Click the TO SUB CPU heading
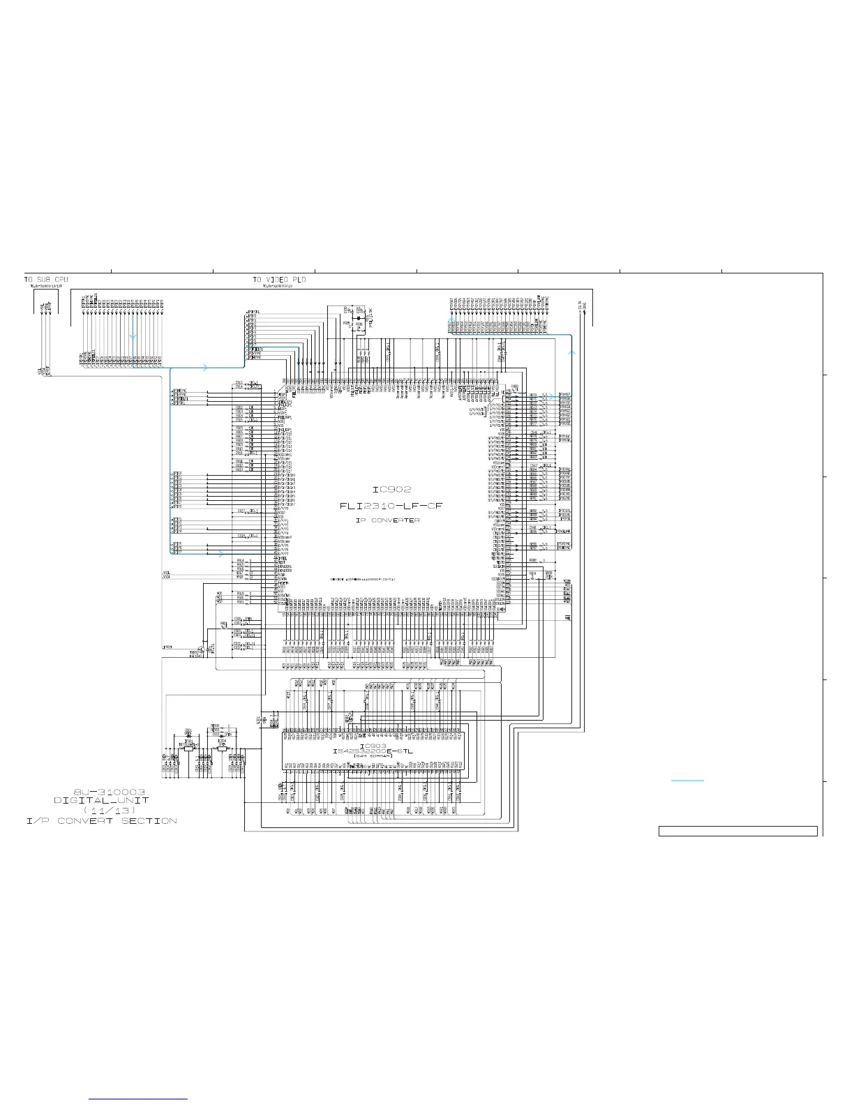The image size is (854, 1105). (x=46, y=279)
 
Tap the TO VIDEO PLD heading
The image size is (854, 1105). (x=279, y=279)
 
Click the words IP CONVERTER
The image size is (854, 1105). (x=387, y=520)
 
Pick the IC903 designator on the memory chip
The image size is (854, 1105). (x=373, y=745)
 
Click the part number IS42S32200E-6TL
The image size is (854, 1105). (x=373, y=751)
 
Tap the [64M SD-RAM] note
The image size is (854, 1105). (x=373, y=757)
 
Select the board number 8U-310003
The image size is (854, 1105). (x=110, y=792)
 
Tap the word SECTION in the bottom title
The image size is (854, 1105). (x=149, y=821)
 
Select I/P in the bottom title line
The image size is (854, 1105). (x=34, y=821)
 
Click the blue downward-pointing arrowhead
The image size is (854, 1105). (x=133, y=336)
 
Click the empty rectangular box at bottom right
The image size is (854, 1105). (x=737, y=831)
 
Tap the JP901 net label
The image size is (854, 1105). (x=167, y=648)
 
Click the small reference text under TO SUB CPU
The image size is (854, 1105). (x=46, y=286)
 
